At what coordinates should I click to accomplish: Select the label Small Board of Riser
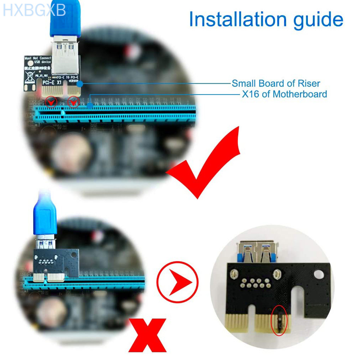coord(276,84)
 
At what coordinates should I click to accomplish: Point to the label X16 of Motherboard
coord(284,94)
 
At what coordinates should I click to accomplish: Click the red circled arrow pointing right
coord(177,282)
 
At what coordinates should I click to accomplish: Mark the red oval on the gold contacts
coord(279,319)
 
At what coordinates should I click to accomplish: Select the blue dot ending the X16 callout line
coord(90,105)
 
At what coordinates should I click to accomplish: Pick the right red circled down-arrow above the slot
coord(73,102)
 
